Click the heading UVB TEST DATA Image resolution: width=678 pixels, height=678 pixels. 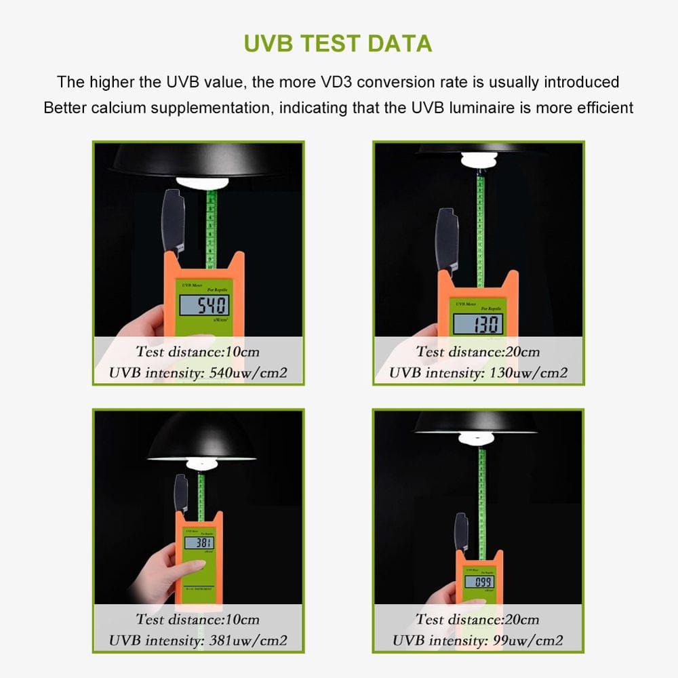338,43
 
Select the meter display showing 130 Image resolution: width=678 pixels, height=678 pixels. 479,324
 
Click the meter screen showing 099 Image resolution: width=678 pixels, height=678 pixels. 479,581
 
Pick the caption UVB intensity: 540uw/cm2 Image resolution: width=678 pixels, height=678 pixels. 198,373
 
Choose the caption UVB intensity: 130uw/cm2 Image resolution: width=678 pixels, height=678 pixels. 478,373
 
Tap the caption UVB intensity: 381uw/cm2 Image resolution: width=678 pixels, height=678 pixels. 198,640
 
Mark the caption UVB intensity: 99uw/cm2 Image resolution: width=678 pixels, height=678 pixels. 478,640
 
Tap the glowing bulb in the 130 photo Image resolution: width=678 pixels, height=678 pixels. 479,160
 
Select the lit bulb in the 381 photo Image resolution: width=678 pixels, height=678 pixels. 201,464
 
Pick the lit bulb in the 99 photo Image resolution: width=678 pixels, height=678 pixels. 479,438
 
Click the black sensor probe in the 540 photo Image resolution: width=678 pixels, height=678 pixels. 174,220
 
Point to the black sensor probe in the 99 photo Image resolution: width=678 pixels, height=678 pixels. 461,532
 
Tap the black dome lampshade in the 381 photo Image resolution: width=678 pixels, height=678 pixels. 201,437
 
